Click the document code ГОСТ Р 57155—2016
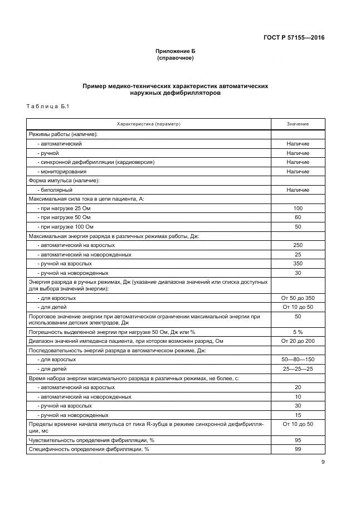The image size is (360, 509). pos(294,38)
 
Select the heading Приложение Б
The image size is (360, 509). pos(175,51)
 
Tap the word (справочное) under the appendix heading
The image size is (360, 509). pos(175,58)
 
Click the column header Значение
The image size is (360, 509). pos(298,124)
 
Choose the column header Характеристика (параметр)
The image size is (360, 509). pos(148,124)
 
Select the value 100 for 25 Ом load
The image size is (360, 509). pos(298,209)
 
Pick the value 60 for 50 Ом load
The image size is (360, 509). pos(298,217)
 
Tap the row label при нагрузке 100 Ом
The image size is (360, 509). pos(65,227)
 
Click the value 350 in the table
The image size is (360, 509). pos(298,264)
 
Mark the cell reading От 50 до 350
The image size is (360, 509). pos(298,298)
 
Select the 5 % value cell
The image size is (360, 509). pos(298,332)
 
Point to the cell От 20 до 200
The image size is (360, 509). pos(298,341)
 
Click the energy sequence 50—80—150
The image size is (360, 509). pos(298,360)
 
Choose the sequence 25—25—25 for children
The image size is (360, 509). pos(298,369)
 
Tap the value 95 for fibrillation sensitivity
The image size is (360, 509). pos(298,440)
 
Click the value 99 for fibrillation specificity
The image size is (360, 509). pos(298,449)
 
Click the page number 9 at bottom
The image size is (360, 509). pos(323,462)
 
